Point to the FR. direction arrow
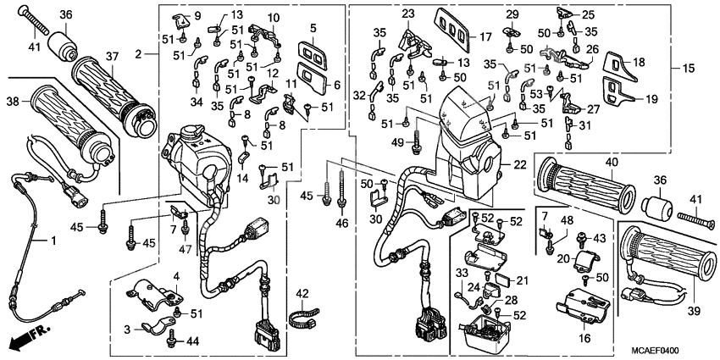click(x=26, y=338)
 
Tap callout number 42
click(x=302, y=294)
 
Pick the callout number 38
click(x=12, y=101)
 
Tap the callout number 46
click(x=342, y=223)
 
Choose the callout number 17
click(x=485, y=36)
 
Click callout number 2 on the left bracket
click(x=138, y=53)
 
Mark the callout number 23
click(x=409, y=14)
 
